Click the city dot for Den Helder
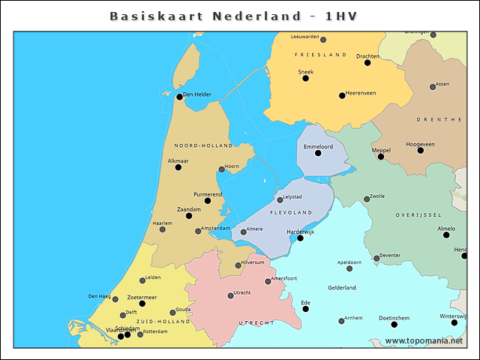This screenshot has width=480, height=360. point(179,96)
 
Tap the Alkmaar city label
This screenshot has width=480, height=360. point(178,160)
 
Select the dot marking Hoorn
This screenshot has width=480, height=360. point(221,169)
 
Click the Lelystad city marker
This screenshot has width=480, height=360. point(280,199)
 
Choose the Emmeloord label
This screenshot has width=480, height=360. point(318,146)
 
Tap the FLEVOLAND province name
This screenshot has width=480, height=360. point(300,213)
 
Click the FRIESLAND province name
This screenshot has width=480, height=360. point(320,55)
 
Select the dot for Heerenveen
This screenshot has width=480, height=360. point(342,95)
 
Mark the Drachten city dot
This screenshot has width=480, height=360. point(367,62)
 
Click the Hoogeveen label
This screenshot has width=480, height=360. point(420,143)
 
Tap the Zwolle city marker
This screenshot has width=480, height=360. point(367,199)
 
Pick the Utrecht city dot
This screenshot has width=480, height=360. point(230,295)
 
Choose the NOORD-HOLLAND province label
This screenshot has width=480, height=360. point(203,145)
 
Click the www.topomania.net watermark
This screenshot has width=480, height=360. point(424,340)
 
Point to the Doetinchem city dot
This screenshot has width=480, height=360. point(394,324)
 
